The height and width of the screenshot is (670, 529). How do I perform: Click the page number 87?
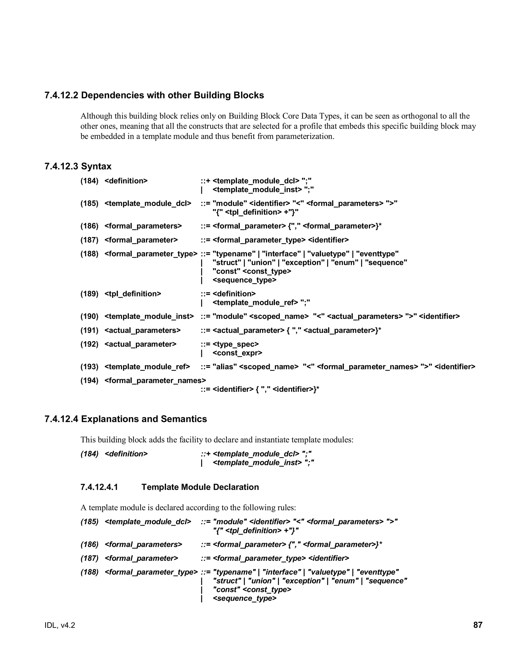478,625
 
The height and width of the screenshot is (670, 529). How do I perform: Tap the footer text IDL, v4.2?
60,625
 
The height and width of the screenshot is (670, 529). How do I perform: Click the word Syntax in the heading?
96,166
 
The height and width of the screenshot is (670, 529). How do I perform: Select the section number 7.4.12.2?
61,95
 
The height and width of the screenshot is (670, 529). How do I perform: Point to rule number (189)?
89,294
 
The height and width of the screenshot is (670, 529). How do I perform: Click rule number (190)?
89,317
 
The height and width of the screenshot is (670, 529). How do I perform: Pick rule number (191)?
89,330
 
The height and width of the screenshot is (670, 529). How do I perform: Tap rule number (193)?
89,367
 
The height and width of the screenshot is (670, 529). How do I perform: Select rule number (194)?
89,381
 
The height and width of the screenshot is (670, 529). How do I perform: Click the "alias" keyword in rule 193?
225,367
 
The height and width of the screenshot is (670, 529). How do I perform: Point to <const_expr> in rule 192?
237,353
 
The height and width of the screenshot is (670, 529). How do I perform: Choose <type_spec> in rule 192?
236,344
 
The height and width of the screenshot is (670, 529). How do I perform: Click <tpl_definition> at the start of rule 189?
133,294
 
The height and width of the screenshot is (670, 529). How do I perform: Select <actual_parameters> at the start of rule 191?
143,330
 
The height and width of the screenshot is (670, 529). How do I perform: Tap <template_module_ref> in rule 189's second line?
255,303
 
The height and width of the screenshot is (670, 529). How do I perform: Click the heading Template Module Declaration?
200,487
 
